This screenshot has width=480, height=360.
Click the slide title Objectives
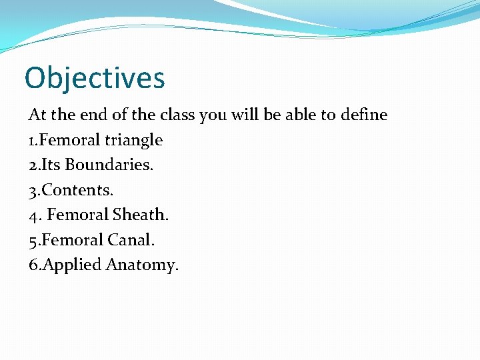point(94,78)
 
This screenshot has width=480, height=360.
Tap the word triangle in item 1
point(133,140)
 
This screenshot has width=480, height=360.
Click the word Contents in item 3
point(75,190)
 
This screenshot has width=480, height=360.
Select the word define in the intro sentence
point(363,115)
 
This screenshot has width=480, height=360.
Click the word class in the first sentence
point(175,115)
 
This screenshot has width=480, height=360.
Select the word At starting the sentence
point(36,115)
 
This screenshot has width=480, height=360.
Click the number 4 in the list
point(33,215)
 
